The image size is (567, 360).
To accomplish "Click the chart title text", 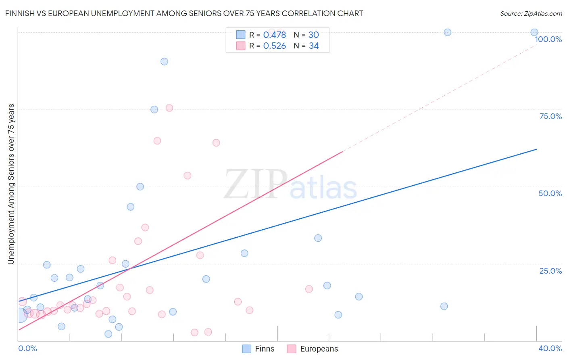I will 184,13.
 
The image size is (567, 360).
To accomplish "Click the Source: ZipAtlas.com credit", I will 531,13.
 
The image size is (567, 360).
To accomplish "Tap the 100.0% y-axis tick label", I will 548,39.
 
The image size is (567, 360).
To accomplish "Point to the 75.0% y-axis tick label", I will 550,116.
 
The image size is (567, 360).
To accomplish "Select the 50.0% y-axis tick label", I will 550,193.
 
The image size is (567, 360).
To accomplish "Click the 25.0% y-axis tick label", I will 550,270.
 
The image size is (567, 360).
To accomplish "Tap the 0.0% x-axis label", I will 27,348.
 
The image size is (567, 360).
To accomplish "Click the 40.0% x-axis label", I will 550,348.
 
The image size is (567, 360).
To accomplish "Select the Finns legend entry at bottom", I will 258,349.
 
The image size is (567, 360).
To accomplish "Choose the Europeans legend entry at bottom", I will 313,349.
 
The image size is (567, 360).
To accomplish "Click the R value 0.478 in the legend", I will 274,35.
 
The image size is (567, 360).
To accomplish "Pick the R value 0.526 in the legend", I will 274,46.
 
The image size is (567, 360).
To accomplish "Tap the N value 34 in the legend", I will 314,46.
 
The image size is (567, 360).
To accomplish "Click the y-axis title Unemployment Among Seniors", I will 11,184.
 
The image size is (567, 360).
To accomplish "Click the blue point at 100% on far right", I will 534,32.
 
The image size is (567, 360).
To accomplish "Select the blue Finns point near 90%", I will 164,62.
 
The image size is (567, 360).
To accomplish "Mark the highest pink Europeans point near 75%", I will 169,108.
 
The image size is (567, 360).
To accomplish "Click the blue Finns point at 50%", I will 140,186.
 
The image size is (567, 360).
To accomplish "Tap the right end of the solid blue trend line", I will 536,149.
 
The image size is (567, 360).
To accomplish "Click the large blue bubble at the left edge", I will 19,315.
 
